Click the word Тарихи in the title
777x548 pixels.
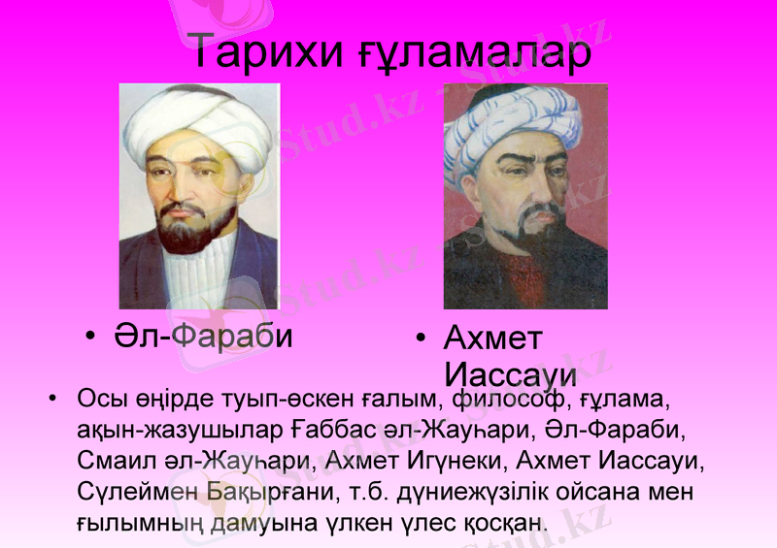[x=261, y=53]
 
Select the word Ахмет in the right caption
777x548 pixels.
[x=493, y=338]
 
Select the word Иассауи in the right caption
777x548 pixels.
[x=510, y=374]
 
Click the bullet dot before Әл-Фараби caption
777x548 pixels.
[x=89, y=337]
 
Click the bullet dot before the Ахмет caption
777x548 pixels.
[x=420, y=338]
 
